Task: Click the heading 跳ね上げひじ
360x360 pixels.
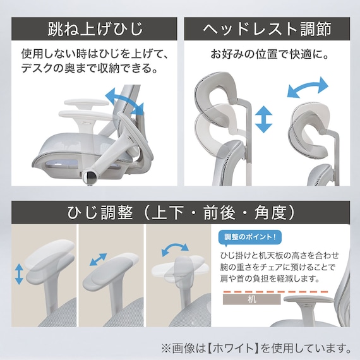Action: [95, 29]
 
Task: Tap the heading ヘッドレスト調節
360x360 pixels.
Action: [267, 29]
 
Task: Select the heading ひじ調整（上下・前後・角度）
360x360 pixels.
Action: [181, 213]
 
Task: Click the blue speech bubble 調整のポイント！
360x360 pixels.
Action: [250, 237]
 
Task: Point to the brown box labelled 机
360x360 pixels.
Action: [251, 299]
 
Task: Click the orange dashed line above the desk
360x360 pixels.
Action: [275, 292]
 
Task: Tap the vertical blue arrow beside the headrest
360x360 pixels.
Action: [263, 119]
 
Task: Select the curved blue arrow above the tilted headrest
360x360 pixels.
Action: [308, 88]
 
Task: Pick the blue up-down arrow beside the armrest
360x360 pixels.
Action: [19, 274]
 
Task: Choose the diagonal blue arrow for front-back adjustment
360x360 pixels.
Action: [99, 260]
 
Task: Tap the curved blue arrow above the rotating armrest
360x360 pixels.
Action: [175, 248]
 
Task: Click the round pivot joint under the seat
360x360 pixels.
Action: [91, 176]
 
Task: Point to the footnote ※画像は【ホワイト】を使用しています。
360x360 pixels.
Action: [256, 348]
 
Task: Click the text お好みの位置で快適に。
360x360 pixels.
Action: [267, 54]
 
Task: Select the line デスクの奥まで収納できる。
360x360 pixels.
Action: [90, 68]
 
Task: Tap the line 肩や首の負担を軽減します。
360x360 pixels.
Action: [270, 279]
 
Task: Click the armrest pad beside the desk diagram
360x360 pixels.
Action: [308, 299]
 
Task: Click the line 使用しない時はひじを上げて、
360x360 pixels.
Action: [95, 54]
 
